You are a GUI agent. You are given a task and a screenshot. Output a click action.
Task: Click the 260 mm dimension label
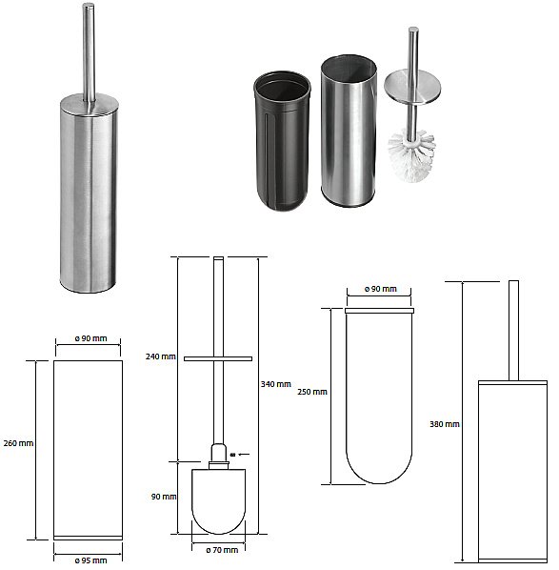point(18,443)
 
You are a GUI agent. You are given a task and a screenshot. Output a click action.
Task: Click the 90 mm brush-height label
point(164,497)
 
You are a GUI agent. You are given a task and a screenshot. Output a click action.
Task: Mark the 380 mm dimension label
point(445,424)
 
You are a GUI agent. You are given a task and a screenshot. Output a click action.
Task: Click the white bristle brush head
point(412,154)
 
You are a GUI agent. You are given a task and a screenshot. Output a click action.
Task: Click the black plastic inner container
point(282,141)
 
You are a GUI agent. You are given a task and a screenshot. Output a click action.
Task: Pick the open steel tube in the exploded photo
point(349,131)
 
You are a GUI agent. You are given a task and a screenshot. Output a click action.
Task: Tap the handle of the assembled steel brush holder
point(89,52)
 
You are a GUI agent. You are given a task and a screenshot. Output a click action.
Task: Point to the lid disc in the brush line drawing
point(218,358)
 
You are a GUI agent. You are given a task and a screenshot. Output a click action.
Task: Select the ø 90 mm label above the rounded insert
point(381,289)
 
